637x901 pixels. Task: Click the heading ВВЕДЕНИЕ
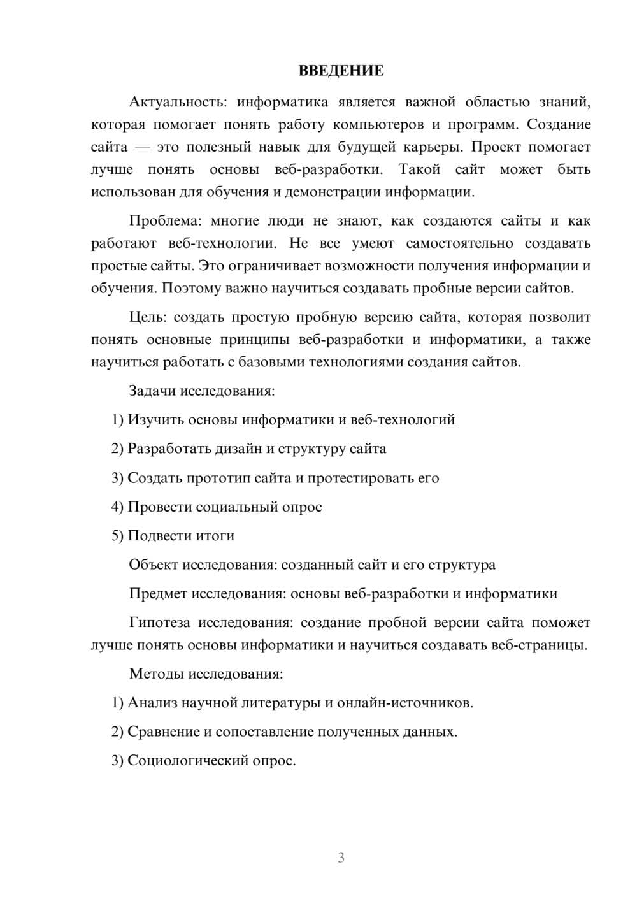coord(341,71)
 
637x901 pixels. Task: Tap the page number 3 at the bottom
coord(341,858)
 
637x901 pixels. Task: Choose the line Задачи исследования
coord(202,391)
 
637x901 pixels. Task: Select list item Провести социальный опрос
coord(217,507)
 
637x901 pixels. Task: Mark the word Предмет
coord(158,594)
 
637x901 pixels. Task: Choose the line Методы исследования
coord(206,674)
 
